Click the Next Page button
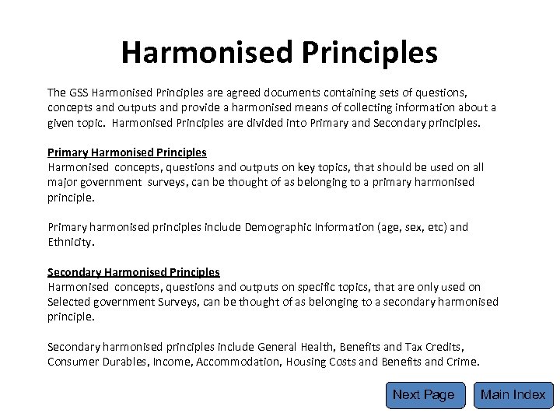[x=424, y=395]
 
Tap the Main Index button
[x=513, y=395]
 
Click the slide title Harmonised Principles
[x=279, y=53]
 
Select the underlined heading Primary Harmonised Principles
[x=127, y=152]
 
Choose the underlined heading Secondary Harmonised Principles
[x=134, y=272]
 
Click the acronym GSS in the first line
[x=80, y=93]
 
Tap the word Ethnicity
[x=70, y=243]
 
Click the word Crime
[x=464, y=362]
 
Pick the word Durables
[x=128, y=362]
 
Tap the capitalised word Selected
[x=71, y=302]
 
